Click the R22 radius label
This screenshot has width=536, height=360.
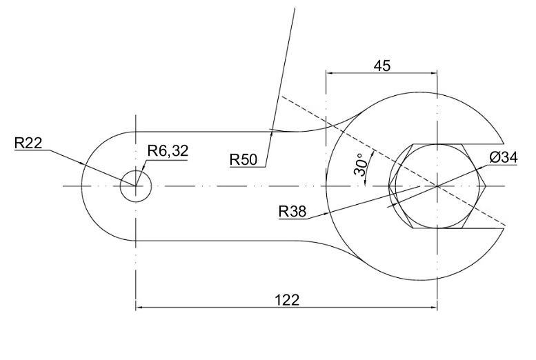point(28,143)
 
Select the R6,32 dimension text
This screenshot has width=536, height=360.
point(167,152)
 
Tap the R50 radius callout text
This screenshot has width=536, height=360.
point(244,160)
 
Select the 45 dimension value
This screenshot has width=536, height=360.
point(381,66)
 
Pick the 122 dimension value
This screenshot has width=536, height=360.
point(286,299)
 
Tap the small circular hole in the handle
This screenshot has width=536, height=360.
point(136,186)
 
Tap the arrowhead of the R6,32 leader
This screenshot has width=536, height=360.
point(143,172)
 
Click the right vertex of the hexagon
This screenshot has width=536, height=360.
point(486,186)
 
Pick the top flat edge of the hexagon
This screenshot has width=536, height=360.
point(437,144)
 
